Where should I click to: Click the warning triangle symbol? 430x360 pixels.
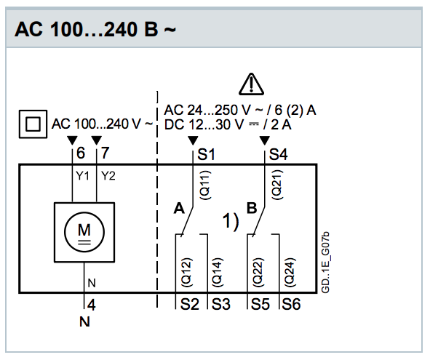[251, 84]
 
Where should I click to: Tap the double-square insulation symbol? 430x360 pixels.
[33, 124]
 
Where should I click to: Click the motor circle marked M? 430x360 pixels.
[84, 232]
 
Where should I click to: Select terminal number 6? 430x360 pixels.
[81, 153]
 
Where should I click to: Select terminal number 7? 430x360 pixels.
[105, 153]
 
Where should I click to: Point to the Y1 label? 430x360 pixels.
[82, 176]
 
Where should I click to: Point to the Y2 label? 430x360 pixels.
[108, 176]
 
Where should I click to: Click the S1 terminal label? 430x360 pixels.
[206, 154]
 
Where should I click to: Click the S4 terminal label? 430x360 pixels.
[279, 154]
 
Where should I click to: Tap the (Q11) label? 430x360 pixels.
[205, 185]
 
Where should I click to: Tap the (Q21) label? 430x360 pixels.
[277, 185]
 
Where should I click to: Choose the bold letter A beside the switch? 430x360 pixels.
[179, 208]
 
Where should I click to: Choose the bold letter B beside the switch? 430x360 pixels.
[252, 208]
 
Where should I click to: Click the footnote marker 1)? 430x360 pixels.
[231, 221]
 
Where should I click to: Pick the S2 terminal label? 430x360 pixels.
[189, 304]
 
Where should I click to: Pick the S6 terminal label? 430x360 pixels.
[291, 304]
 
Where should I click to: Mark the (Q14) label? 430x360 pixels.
[217, 273]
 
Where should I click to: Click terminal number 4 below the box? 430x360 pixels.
[92, 305]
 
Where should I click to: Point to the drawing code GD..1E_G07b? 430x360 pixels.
[325, 263]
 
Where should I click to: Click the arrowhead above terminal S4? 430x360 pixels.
[264, 140]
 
